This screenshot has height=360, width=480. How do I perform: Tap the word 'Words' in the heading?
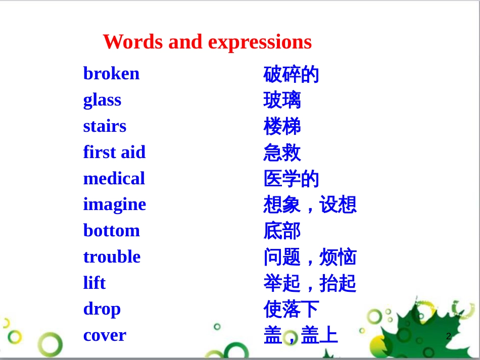click(x=133, y=41)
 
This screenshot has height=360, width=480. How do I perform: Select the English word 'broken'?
click(x=112, y=73)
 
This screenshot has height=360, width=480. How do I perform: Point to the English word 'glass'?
click(x=102, y=100)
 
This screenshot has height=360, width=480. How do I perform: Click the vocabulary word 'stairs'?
click(x=105, y=126)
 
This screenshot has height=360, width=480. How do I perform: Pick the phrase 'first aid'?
click(x=115, y=151)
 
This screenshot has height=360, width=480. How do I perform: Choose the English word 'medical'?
click(x=114, y=178)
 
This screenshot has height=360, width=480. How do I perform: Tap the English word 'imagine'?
click(x=115, y=204)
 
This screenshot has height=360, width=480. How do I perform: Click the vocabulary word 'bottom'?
click(x=112, y=230)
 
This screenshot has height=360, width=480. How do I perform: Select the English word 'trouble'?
click(x=112, y=256)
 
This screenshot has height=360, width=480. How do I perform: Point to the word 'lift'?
click(x=94, y=282)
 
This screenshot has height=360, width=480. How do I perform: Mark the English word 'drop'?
click(x=102, y=309)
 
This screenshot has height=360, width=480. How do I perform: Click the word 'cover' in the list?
click(x=105, y=335)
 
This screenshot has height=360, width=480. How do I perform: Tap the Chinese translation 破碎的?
click(x=291, y=74)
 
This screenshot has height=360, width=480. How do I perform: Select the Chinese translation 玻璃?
click(x=282, y=100)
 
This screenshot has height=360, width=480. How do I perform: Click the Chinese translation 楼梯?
click(x=282, y=126)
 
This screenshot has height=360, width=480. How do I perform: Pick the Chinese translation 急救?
click(x=282, y=152)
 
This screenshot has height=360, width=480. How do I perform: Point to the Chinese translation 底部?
click(x=282, y=231)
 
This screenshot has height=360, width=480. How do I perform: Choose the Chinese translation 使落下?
click(x=291, y=309)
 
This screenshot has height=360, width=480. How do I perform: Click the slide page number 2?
click(x=449, y=336)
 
